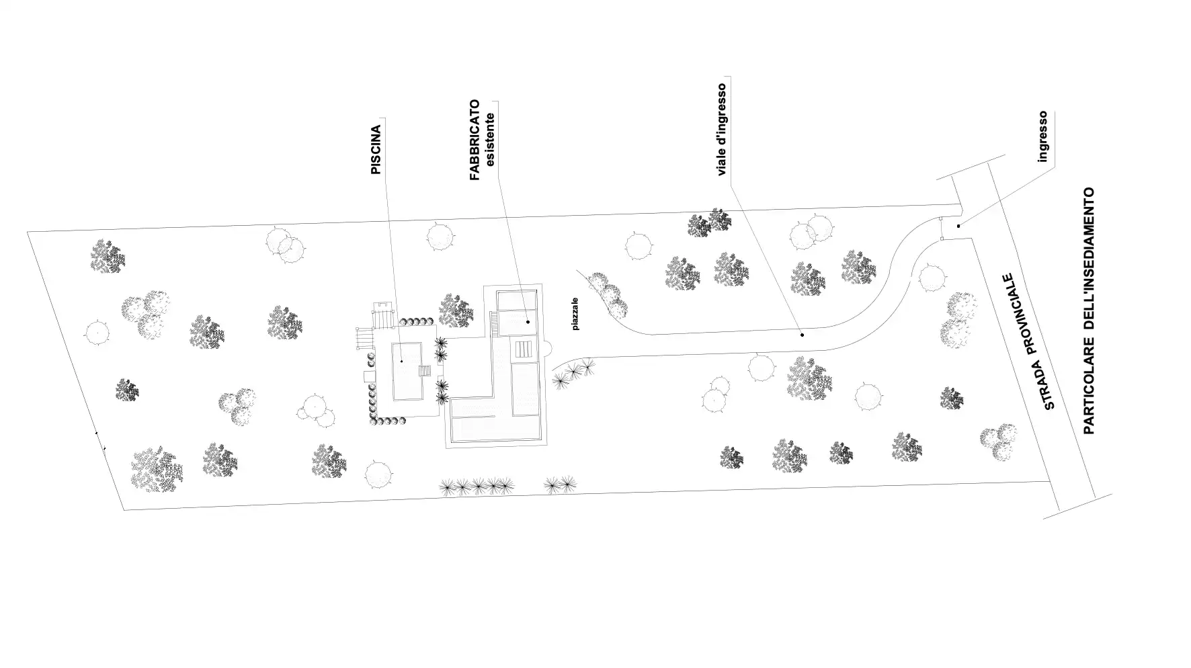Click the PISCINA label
click(376, 149)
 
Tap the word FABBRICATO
click(475, 140)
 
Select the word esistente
click(491, 139)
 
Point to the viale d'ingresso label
click(723, 129)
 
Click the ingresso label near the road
click(1043, 136)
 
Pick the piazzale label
click(575, 314)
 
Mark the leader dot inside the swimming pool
click(401, 361)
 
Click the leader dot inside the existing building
click(528, 322)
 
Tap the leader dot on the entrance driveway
click(802, 334)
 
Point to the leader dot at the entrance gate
click(958, 226)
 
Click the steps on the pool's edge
click(425, 370)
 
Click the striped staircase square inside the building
click(524, 349)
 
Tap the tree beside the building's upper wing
click(456, 310)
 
